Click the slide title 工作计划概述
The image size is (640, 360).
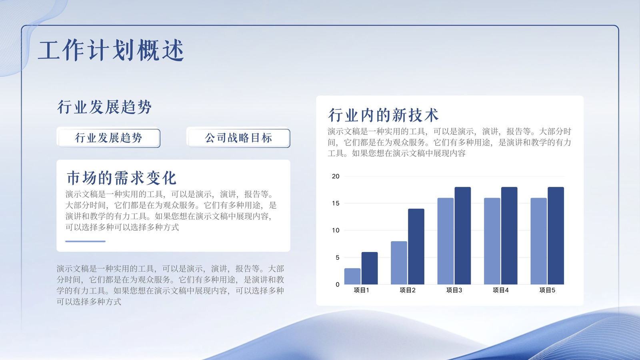111,50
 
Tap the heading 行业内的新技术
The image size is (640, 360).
383,115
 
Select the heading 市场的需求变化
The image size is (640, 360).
122,178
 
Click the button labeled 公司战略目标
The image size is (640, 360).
238,138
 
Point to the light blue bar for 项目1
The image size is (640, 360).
352,276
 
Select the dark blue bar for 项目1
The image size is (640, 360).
370,268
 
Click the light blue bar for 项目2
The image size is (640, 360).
399,263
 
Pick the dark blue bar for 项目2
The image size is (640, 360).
416,246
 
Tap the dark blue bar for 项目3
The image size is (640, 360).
462,236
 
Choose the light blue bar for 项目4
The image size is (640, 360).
492,241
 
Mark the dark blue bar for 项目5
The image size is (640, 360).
556,236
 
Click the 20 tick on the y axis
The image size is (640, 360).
336,176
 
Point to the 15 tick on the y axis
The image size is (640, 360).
336,204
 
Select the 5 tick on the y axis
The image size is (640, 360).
338,258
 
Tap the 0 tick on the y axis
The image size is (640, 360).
338,284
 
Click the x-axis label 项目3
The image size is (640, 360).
454,290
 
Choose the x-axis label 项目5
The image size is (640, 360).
547,290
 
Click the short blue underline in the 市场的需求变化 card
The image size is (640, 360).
85,242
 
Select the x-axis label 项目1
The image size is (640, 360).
361,290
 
